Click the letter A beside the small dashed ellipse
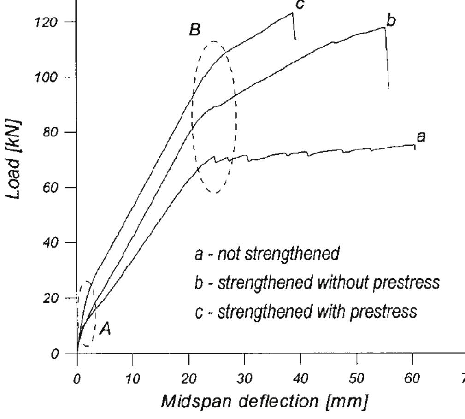point(106,330)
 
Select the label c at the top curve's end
point(300,4)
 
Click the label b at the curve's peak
point(391,21)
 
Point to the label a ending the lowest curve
point(420,136)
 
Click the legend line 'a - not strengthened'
point(267,254)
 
